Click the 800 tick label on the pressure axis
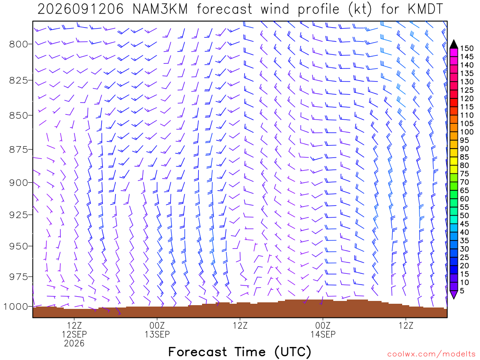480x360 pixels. [19, 45]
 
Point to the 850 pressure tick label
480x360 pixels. [19, 116]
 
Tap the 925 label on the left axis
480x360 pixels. [19, 215]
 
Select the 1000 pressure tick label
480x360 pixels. [15, 307]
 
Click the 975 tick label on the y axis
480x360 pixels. [19, 277]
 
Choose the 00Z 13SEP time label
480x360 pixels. [157, 330]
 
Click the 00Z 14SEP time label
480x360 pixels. [323, 330]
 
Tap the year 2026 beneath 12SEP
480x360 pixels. [74, 344]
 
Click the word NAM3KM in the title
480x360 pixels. [160, 9]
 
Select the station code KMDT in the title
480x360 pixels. [425, 9]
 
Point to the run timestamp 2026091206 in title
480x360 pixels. [81, 9]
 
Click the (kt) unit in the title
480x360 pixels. [360, 9]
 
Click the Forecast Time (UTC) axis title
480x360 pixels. [240, 352]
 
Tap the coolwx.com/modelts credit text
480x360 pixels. [431, 354]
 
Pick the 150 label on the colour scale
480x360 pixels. [467, 48]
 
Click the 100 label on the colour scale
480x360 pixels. [467, 132]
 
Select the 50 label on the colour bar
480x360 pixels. [465, 216]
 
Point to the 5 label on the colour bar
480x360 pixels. [462, 291]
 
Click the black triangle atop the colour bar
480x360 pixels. [454, 45]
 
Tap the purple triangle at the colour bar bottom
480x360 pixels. [454, 295]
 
